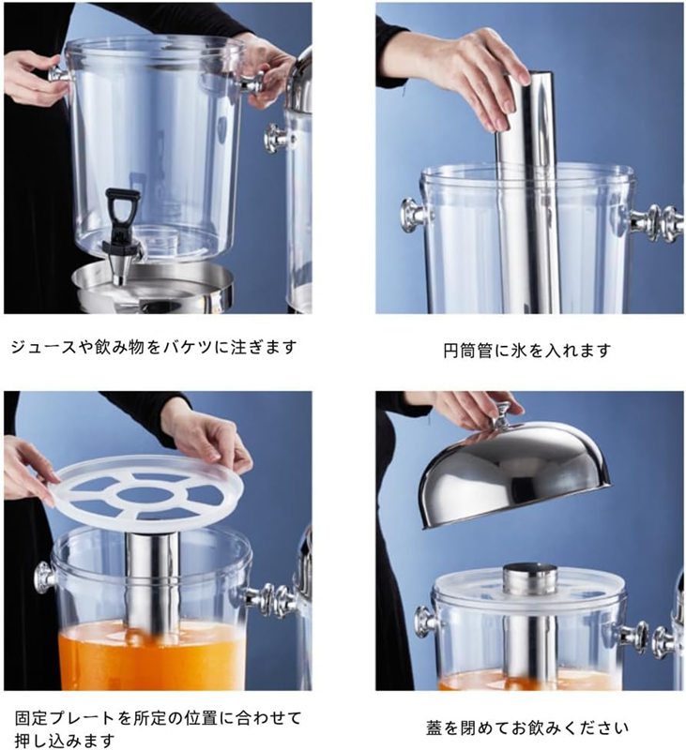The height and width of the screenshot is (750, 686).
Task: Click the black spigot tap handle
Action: pyautogui.click(x=123, y=209)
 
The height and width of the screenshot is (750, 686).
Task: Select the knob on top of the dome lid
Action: pyautogui.click(x=502, y=415)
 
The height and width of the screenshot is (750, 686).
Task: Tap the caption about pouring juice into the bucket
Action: pyautogui.click(x=154, y=347)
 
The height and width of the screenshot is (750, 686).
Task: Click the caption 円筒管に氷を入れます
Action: pyautogui.click(x=527, y=351)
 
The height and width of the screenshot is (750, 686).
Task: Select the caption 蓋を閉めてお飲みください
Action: pyautogui.click(x=527, y=728)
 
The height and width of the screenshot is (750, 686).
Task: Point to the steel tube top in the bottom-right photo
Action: pyautogui.click(x=529, y=578)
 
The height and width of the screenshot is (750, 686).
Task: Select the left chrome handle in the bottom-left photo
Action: pyautogui.click(x=45, y=577)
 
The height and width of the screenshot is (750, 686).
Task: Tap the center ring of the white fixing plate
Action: pyautogui.click(x=146, y=495)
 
